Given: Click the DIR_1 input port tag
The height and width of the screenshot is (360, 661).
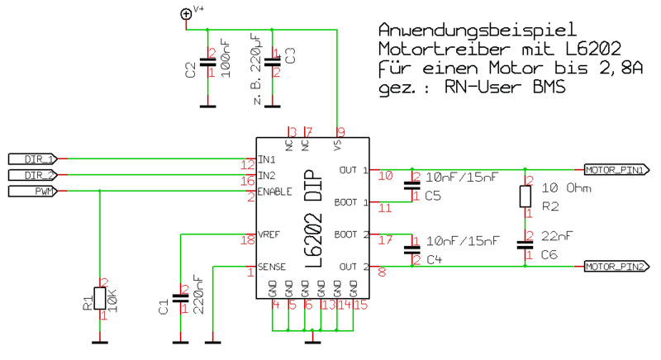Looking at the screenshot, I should pos(33,158).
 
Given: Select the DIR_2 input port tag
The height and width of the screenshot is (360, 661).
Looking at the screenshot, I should pos(33,175).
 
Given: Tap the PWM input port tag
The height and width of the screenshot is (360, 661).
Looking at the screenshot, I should pos(33,192).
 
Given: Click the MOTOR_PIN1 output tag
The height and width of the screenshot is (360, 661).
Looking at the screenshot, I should pos(616,170).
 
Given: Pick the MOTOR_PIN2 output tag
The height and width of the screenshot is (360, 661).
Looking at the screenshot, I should pos(616,266).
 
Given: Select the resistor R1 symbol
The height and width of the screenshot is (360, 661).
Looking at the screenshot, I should pos(99,299).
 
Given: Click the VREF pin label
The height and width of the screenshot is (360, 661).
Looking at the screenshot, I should pos(269,234).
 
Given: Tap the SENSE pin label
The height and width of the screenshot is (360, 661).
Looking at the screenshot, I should pos(273,267).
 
